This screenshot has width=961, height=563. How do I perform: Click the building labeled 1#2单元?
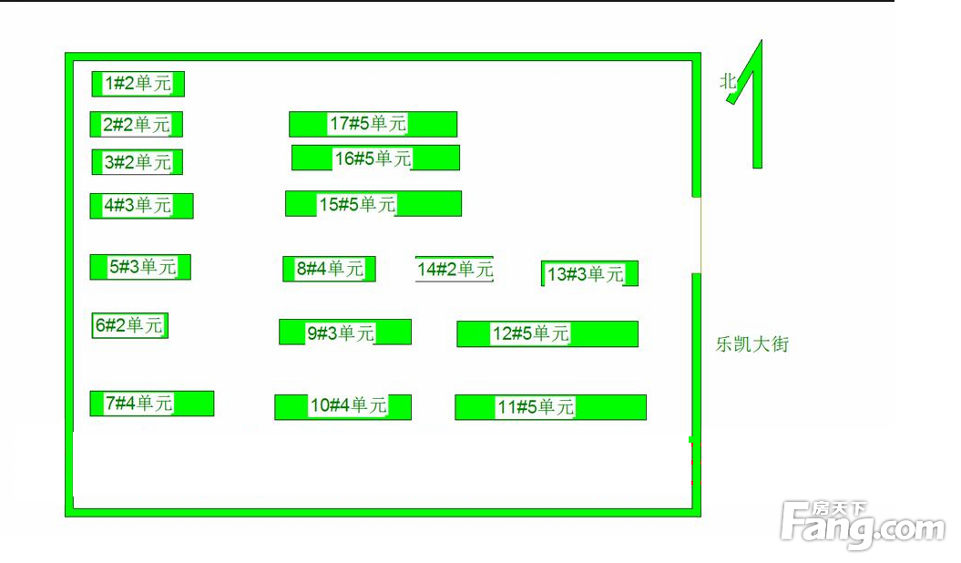[x=138, y=84]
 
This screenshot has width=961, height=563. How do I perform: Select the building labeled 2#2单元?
[x=136, y=125]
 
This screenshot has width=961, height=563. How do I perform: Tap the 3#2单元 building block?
[x=138, y=162]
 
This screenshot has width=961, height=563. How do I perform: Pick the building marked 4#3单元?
[x=141, y=206]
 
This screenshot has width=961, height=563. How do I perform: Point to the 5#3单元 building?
[x=140, y=267]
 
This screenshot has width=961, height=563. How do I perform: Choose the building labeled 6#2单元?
[x=130, y=325]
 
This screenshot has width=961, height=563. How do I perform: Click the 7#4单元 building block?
[x=152, y=404]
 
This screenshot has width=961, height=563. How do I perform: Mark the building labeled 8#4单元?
[x=329, y=269]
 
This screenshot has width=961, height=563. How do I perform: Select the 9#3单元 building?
[x=345, y=332]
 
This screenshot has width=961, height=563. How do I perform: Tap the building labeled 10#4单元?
[x=343, y=407]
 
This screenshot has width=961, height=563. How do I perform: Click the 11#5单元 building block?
[x=550, y=407]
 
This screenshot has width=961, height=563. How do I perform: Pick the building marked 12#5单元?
[x=547, y=333]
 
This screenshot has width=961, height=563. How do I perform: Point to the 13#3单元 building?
[x=589, y=273]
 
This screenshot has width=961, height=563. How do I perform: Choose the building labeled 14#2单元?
[x=455, y=269]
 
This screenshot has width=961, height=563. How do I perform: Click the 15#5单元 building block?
[x=373, y=204]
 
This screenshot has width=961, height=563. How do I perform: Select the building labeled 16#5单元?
[x=375, y=158]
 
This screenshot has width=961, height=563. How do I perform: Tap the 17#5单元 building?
[x=373, y=125]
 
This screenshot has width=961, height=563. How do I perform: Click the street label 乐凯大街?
[x=752, y=344]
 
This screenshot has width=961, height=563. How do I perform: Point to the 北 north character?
[x=728, y=81]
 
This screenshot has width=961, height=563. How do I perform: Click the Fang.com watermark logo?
[x=863, y=525]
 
